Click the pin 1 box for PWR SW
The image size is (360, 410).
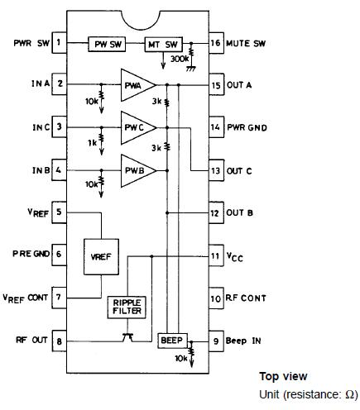coord(60,41)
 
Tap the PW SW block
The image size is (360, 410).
coord(107,42)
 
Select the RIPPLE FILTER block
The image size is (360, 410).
coord(127,308)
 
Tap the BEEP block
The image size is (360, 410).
coord(173,340)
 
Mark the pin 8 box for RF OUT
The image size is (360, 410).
coord(60,340)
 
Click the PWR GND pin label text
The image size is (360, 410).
coord(248,127)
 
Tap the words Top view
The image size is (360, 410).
coord(283,376)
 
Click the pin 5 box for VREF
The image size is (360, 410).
coord(60,212)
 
